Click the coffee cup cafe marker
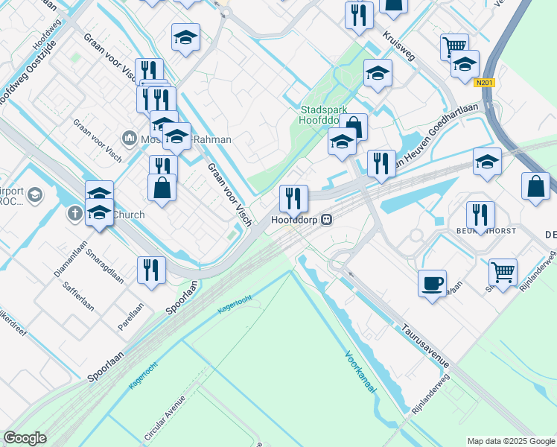pos(432,284)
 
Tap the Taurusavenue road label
pos(424,345)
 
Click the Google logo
pos(25,438)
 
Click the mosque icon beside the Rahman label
pos(127,139)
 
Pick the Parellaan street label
pos(131,316)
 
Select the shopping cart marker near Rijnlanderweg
pos(503,273)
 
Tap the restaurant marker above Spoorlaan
pos(151,270)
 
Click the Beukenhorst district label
pos(492,232)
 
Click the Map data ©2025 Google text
pos(510,440)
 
